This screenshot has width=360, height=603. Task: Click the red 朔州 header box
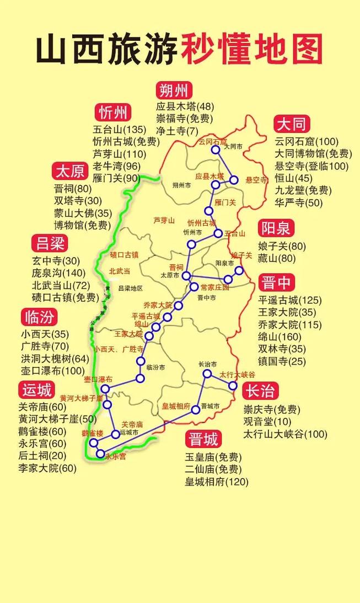[174, 90]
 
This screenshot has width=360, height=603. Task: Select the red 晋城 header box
[203, 439]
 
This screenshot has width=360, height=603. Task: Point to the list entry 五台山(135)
[116, 130]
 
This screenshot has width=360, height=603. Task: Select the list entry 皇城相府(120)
[217, 482]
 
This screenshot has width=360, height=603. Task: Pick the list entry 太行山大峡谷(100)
[286, 434]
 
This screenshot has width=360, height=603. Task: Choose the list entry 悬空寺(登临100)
[311, 166]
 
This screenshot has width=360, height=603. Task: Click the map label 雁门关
[225, 202]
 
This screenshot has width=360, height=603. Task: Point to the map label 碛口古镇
[124, 254]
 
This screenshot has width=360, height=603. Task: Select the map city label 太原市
[170, 274]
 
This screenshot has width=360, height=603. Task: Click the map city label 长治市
[207, 365]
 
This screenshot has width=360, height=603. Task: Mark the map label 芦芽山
[164, 220]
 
